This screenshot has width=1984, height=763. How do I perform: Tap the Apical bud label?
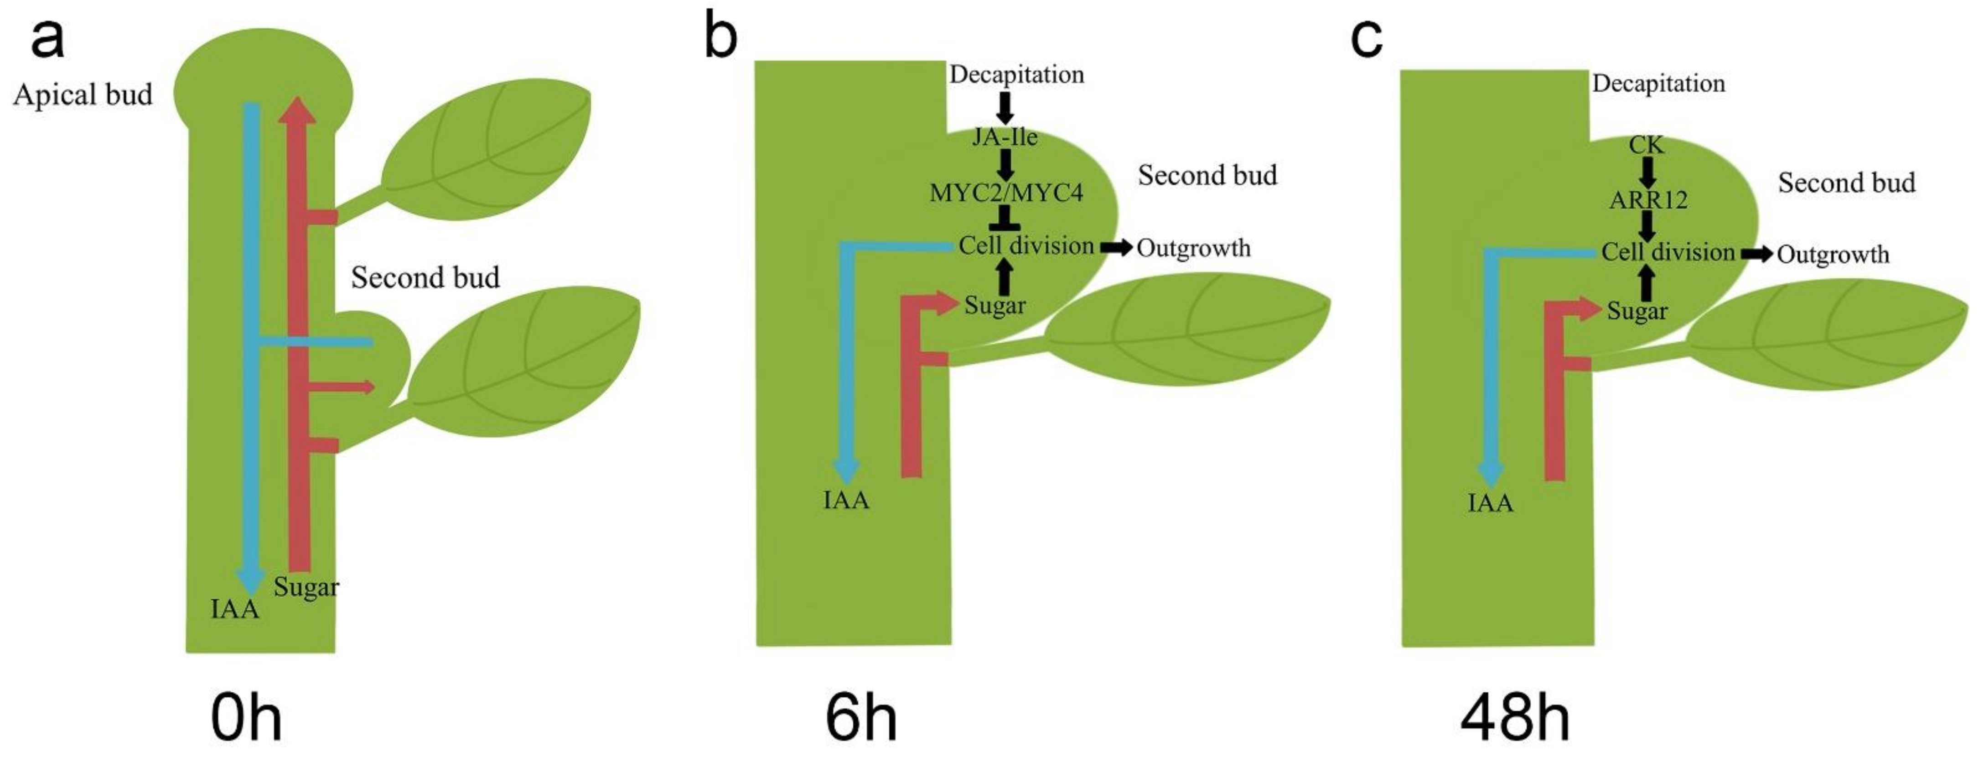[83, 95]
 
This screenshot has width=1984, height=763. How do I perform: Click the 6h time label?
[860, 718]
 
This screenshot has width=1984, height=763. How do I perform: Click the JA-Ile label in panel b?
[1005, 137]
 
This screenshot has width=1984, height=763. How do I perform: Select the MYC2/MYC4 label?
[1006, 193]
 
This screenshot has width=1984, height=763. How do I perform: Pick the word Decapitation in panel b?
[1016, 75]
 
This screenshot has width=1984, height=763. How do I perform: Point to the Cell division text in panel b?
[1026, 246]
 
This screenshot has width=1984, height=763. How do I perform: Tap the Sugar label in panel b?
[995, 305]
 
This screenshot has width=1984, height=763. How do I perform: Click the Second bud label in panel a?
[425, 277]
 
